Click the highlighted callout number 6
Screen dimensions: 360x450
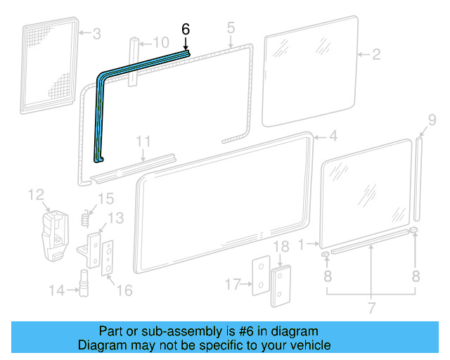[186, 30]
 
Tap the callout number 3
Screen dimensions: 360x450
[97, 33]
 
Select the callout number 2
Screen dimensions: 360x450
[376, 54]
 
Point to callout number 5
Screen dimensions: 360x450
[230, 28]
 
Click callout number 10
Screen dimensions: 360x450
[160, 43]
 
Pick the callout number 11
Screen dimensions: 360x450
[143, 142]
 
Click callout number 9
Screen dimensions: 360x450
[423, 120]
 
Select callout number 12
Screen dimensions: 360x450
[36, 194]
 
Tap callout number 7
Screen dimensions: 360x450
[371, 307]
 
